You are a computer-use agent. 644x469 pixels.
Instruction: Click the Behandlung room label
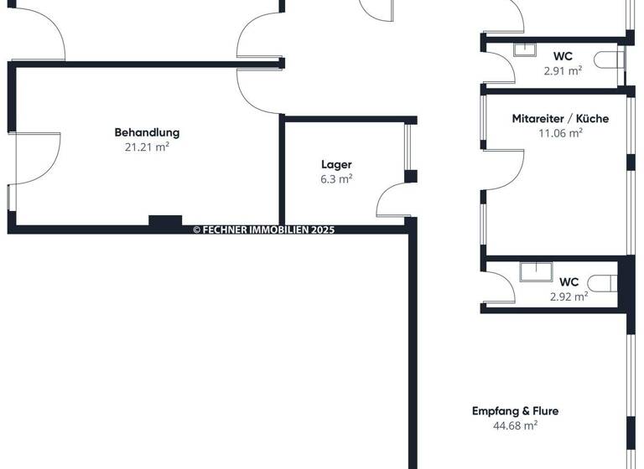[147, 132]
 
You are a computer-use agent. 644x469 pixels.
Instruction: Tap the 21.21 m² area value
[147, 147]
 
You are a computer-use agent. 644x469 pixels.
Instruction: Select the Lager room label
[336, 164]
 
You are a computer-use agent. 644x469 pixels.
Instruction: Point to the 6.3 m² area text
[336, 178]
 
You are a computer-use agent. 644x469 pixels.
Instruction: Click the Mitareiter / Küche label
[560, 119]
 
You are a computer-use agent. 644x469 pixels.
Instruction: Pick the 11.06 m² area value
[560, 132]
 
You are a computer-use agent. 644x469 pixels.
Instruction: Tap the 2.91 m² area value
[563, 71]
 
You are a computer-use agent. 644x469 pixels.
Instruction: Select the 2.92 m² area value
[569, 296]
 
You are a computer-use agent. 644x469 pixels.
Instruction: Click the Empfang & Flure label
[515, 411]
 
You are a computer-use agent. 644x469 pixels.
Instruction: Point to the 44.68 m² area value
[515, 425]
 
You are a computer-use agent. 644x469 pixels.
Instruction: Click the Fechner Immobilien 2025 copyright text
[263, 229]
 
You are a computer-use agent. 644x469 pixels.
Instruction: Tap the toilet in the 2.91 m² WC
[611, 59]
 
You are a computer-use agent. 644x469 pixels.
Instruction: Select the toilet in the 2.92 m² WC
[605, 281]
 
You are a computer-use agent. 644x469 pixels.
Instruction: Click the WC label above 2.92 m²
[569, 282]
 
